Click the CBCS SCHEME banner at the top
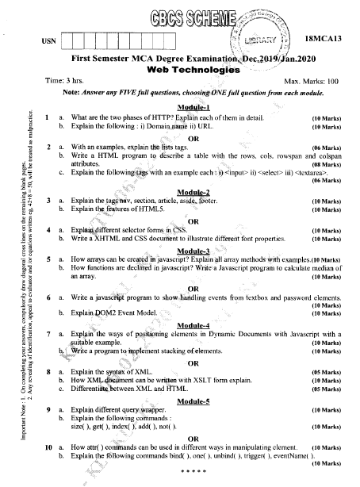click(182, 16)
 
